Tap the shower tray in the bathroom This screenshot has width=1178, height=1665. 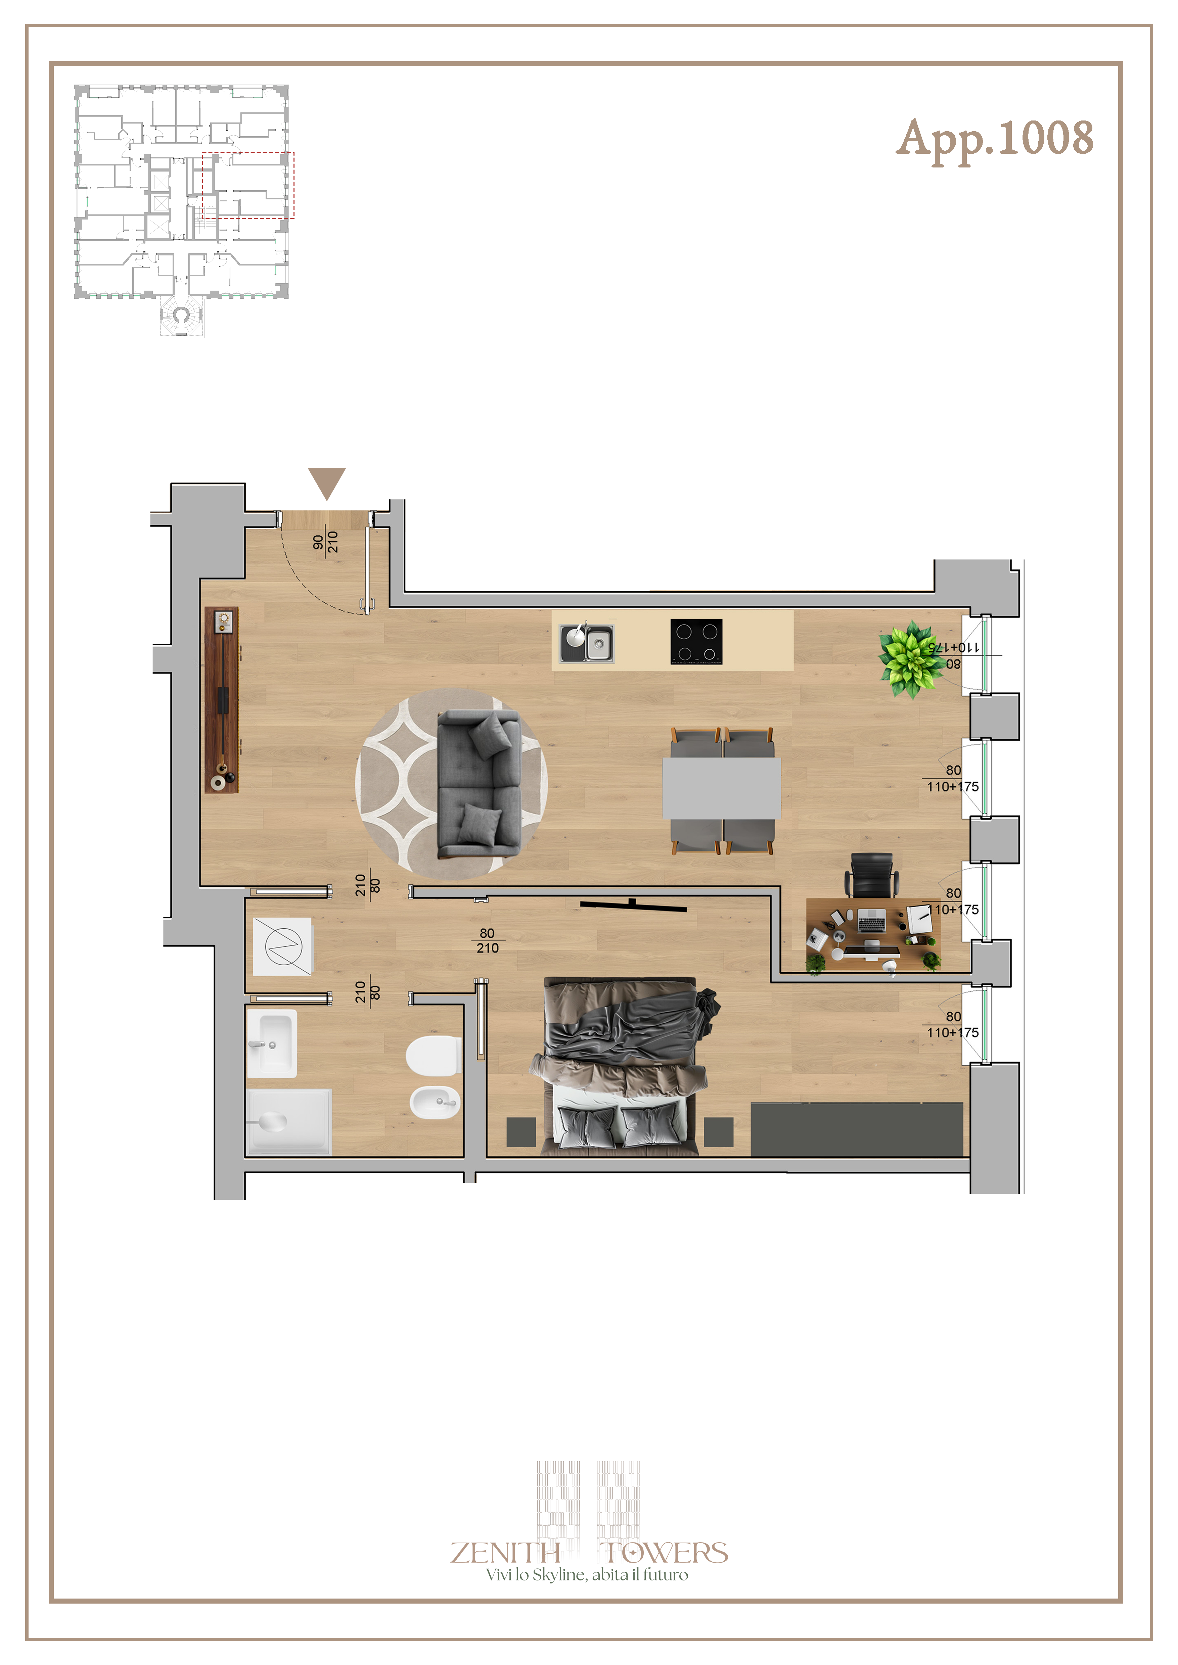click(x=289, y=1121)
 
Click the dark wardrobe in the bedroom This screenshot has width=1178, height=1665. click(x=857, y=1129)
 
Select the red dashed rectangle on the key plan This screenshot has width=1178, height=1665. click(x=248, y=185)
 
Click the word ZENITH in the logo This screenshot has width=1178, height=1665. click(x=506, y=1553)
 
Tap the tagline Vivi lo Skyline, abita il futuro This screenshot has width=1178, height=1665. click(x=587, y=1574)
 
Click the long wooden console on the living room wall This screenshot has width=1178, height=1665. click(x=221, y=700)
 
